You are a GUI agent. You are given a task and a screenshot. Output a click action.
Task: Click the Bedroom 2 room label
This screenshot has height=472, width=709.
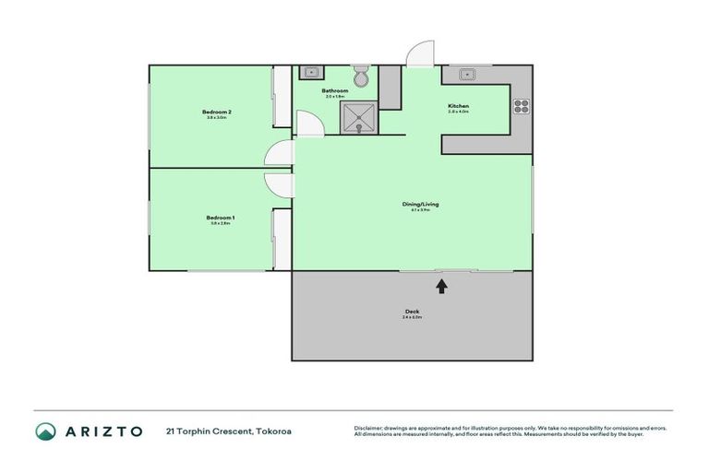[x=217, y=112]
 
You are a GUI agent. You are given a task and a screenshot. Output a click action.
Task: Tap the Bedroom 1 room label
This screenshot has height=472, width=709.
[x=220, y=218]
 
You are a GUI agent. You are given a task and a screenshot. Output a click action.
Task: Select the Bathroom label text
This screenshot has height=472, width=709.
[x=334, y=90]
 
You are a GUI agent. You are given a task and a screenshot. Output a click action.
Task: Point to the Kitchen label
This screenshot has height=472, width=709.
[x=459, y=107]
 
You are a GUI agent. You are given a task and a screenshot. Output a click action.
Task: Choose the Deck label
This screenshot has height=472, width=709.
[x=412, y=312]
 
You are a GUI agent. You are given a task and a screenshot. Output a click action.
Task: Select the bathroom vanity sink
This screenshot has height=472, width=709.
[x=311, y=71]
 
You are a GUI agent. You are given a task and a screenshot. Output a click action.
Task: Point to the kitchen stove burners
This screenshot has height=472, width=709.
[x=522, y=105]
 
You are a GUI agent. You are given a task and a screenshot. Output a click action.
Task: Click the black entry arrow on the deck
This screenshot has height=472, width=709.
[x=441, y=286]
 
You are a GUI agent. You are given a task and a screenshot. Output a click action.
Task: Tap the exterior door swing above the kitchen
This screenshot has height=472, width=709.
[x=420, y=53]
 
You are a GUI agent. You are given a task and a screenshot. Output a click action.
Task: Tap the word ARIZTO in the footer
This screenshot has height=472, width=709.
[x=103, y=431]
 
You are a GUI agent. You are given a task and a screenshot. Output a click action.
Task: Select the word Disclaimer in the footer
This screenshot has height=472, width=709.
[x=368, y=428]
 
